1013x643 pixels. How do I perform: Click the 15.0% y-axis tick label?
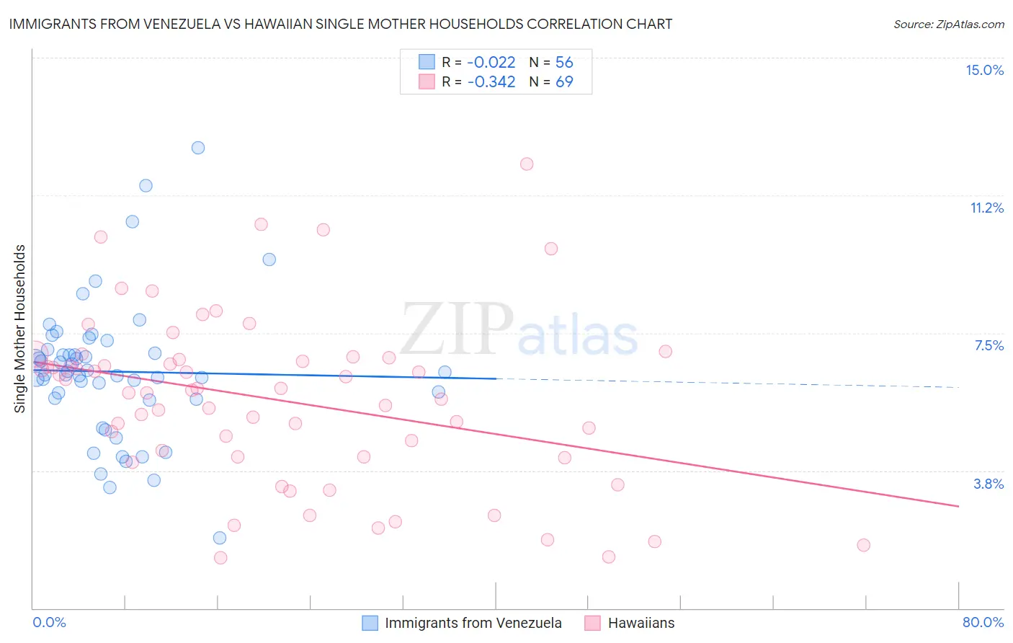click(984, 70)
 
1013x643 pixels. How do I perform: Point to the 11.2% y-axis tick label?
click(986, 208)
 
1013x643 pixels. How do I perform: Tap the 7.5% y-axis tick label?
click(989, 345)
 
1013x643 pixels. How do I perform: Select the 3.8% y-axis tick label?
click(989, 484)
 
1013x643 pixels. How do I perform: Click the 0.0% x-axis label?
click(49, 622)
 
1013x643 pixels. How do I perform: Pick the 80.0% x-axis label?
click(983, 622)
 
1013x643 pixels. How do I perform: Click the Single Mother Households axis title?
click(20, 329)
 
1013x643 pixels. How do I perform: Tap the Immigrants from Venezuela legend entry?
click(473, 623)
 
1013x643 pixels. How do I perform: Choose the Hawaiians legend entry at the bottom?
click(641, 623)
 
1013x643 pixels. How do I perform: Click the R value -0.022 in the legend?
click(491, 62)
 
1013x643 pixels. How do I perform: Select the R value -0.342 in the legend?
click(491, 81)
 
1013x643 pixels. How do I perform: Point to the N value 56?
click(564, 62)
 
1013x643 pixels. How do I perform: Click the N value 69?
click(564, 81)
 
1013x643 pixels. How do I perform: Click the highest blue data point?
click(198, 148)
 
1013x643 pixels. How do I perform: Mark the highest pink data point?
click(527, 164)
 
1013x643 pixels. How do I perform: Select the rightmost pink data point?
click(863, 545)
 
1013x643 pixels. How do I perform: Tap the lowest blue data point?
click(220, 538)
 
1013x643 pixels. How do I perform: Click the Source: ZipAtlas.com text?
click(948, 25)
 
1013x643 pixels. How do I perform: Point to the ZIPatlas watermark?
click(519, 331)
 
